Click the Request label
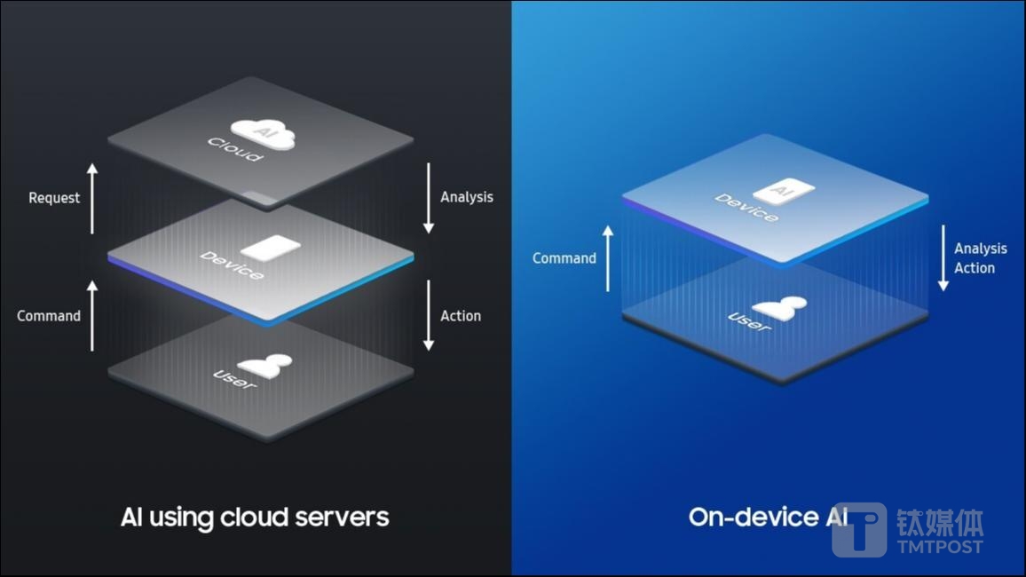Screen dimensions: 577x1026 (x=54, y=198)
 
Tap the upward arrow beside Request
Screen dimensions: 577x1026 (x=92, y=198)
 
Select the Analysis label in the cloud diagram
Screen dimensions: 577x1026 (x=467, y=197)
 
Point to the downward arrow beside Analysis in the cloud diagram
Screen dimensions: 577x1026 (x=429, y=198)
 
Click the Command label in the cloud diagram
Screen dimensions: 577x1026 (x=49, y=316)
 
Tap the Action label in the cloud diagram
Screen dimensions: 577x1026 (x=461, y=316)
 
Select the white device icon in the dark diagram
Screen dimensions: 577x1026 (x=271, y=248)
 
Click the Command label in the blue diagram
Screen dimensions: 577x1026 (x=564, y=258)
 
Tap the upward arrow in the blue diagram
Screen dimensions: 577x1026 (x=608, y=257)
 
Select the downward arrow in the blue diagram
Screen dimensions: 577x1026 (x=943, y=257)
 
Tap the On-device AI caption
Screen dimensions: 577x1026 (x=768, y=517)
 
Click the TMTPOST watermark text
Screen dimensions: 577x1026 (x=940, y=546)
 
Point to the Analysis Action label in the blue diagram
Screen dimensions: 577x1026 (x=980, y=258)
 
